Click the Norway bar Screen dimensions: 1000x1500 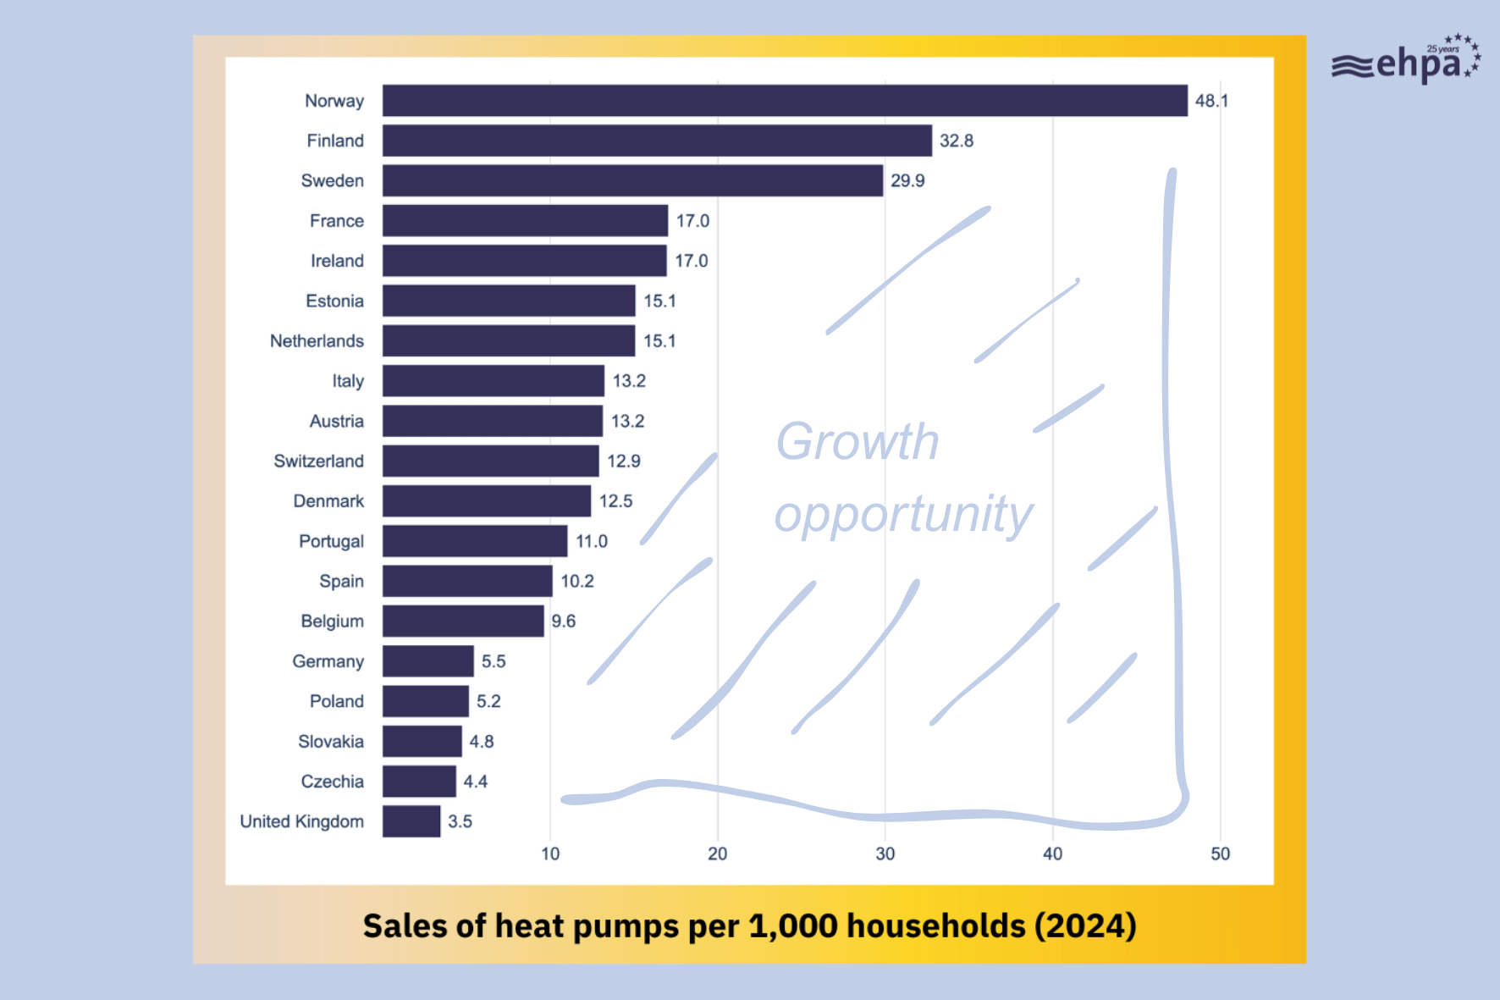click(784, 101)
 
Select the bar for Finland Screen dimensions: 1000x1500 click(656, 141)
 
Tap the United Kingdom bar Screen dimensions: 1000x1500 click(411, 821)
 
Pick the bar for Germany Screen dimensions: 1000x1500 click(427, 661)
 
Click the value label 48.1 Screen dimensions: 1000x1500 click(1211, 101)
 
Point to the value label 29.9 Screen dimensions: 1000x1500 click(907, 180)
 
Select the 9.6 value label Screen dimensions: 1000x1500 click(563, 622)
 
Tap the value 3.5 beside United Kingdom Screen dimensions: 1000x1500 click(460, 821)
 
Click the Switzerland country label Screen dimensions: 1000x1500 click(318, 461)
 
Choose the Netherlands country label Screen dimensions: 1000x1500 click(317, 341)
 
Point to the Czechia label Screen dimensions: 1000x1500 click(332, 782)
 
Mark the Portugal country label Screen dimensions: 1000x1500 click(331, 542)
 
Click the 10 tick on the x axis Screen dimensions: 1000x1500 click(550, 854)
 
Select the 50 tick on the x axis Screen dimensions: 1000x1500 click(1220, 854)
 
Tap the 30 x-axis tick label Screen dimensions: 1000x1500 click(885, 854)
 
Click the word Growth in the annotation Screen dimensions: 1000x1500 click(857, 442)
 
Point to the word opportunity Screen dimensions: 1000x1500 click(903, 515)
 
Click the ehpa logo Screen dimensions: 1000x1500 click(1406, 62)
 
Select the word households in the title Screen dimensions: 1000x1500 click(935, 926)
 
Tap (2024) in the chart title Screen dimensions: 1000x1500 click(1085, 926)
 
